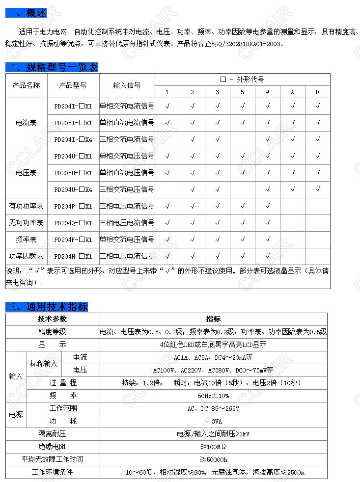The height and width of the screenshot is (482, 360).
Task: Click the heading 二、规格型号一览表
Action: click(52, 67)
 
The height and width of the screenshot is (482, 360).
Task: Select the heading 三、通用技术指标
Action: click(47, 307)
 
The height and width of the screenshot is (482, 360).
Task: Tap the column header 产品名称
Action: click(27, 85)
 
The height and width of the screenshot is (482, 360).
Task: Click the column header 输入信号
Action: click(127, 85)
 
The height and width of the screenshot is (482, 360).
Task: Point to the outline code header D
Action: click(317, 92)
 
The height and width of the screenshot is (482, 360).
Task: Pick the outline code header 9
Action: click(267, 92)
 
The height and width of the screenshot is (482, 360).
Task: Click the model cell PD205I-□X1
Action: click(73, 123)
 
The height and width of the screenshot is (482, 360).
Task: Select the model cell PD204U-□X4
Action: click(73, 189)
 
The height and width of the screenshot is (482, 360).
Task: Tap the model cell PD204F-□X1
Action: click(73, 240)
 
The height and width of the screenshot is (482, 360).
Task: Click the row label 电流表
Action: click(27, 123)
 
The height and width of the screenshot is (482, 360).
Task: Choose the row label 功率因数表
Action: click(27, 256)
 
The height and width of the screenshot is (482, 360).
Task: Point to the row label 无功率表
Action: click(27, 223)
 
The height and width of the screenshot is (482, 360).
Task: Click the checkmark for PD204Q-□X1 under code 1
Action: click(167, 223)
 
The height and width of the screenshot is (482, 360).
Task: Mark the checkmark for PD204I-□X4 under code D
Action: click(317, 139)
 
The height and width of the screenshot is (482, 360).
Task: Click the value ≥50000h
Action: click(213, 459)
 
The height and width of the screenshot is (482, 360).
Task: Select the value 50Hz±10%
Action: click(213, 396)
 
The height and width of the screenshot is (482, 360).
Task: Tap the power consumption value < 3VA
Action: click(213, 421)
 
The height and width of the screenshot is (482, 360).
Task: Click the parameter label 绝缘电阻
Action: click(52, 447)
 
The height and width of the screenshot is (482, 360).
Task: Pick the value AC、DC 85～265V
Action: click(213, 408)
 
